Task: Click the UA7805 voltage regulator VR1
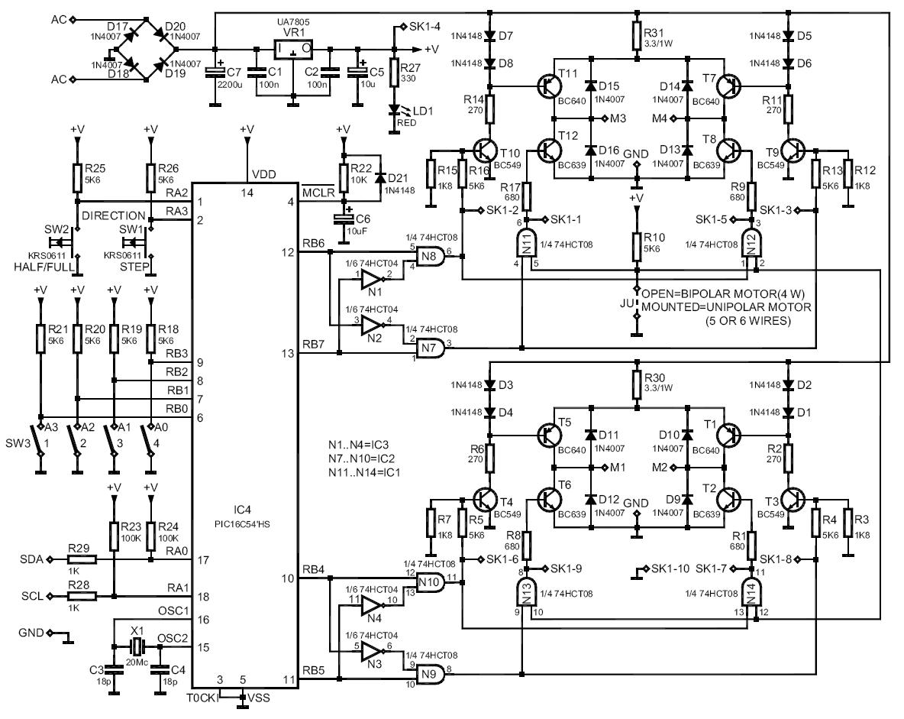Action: click(294, 50)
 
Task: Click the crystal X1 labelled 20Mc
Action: click(137, 647)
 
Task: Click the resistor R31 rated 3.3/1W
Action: click(635, 34)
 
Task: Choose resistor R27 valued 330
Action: click(394, 73)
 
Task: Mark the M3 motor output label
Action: click(617, 118)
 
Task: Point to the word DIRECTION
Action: click(113, 215)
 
